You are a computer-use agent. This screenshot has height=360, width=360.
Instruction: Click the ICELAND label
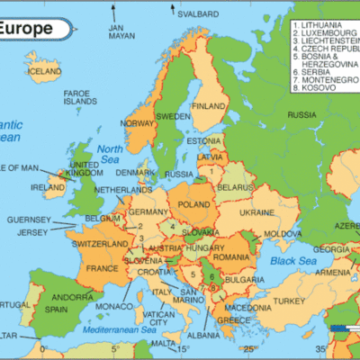(x=44, y=70)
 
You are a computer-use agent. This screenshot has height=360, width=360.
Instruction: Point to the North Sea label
(x=111, y=154)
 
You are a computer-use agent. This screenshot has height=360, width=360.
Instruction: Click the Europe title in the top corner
(x=25, y=29)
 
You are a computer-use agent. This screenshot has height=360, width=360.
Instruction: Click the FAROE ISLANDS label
(x=84, y=98)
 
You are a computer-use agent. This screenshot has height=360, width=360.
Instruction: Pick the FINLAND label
(x=208, y=105)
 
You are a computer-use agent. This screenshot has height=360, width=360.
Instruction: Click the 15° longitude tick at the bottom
(x=184, y=348)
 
